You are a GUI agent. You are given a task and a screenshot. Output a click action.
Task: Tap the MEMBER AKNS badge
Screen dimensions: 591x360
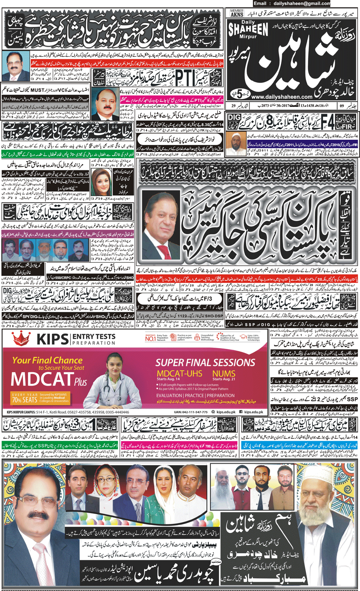click(237, 13)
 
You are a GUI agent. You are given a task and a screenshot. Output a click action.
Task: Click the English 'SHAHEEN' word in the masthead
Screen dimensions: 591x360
click(248, 29)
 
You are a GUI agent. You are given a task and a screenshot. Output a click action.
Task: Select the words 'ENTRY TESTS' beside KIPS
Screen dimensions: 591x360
click(94, 336)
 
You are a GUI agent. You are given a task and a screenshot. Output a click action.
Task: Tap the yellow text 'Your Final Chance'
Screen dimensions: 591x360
click(47, 360)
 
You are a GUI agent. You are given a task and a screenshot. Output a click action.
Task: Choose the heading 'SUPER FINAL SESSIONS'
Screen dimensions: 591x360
click(205, 363)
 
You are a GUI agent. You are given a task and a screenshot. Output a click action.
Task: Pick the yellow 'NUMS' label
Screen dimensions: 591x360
click(224, 373)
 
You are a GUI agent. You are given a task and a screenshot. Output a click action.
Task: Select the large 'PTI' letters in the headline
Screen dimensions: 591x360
click(184, 78)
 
